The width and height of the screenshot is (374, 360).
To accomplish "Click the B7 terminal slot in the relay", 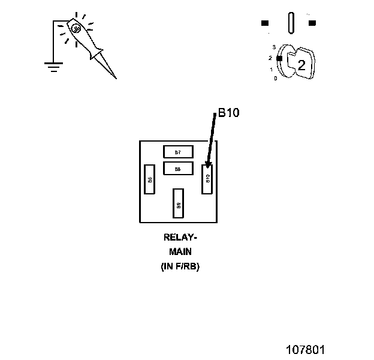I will [178, 152].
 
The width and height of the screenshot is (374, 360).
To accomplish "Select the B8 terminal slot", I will [178, 169].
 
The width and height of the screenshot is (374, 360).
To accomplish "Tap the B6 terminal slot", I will [150, 179].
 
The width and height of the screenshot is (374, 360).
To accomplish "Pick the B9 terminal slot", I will [179, 202].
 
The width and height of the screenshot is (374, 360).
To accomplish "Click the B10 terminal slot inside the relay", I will [207, 178].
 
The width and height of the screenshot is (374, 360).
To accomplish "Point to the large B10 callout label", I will [228, 113].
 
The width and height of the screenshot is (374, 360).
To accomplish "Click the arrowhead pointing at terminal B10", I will [209, 165].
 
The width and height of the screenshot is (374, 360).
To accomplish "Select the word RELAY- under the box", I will [180, 238].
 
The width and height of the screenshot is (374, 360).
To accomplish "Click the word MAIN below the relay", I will [180, 252].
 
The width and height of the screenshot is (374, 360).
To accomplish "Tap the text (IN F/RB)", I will [180, 266].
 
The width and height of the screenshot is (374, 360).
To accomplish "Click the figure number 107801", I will [304, 348].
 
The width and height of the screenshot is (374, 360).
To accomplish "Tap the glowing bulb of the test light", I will [76, 28].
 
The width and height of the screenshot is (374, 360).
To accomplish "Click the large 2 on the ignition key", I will [301, 65].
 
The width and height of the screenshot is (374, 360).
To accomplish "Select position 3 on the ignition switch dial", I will [273, 47].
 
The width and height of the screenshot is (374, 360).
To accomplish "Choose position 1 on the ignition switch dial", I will [272, 70].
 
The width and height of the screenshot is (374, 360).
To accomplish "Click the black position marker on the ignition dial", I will [279, 58].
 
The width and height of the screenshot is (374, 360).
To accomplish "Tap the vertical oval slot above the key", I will [291, 23].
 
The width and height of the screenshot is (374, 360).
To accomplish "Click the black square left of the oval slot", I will [265, 23].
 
